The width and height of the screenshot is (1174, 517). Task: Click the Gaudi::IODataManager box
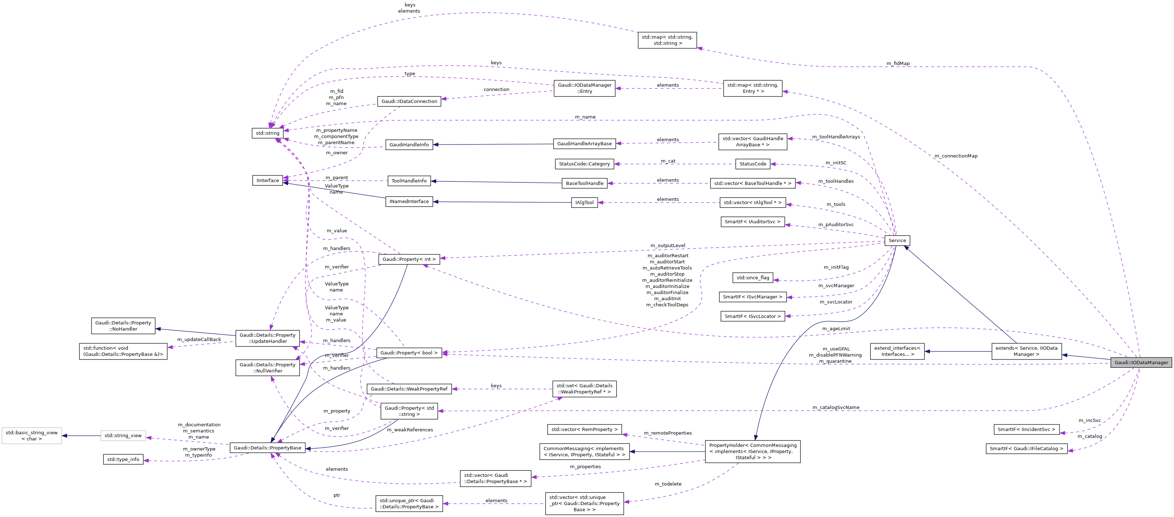(1141, 362)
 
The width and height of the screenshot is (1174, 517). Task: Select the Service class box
(897, 240)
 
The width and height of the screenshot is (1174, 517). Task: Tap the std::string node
(268, 133)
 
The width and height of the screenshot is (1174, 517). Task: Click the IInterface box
(268, 181)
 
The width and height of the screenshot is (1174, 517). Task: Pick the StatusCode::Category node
(584, 164)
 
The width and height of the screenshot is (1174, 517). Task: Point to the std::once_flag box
(753, 277)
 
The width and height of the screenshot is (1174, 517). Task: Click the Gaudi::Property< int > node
(409, 259)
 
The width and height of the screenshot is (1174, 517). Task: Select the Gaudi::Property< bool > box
(409, 353)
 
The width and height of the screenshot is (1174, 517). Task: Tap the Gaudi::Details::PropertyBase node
(268, 448)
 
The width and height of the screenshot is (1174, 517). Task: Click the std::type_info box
(123, 460)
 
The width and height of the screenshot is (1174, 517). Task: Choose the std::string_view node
(123, 436)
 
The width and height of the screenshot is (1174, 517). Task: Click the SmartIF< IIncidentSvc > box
(1026, 430)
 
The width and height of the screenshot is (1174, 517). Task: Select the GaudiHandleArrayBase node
(584, 144)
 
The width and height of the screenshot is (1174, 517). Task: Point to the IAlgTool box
(584, 202)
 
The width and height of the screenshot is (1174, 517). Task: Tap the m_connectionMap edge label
(956, 156)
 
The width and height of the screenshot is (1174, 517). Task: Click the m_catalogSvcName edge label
(836, 408)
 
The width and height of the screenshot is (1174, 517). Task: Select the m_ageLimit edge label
(836, 329)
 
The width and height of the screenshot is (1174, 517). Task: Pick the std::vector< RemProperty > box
(584, 430)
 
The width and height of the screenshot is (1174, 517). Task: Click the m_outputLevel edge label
(668, 246)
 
